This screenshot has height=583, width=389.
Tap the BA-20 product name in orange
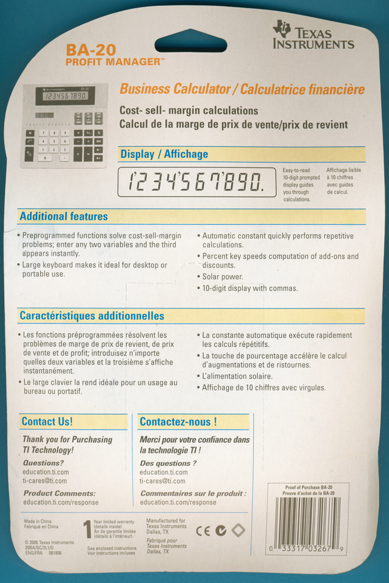pyautogui.click(x=91, y=50)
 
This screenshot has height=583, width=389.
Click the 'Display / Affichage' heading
pyautogui.click(x=164, y=154)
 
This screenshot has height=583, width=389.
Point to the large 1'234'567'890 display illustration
pyautogui.click(x=197, y=183)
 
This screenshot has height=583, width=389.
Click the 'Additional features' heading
pyautogui.click(x=64, y=217)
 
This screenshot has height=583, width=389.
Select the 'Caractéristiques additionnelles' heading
pyautogui.click(x=91, y=316)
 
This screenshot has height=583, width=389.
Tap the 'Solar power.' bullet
pyautogui.click(x=222, y=277)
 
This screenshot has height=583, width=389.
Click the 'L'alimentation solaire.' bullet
pyautogui.click(x=237, y=376)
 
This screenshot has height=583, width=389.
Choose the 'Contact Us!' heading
pyautogui.click(x=47, y=422)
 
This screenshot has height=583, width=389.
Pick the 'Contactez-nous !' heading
pyautogui.click(x=178, y=422)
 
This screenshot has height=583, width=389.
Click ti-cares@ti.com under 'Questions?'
pyautogui.click(x=45, y=481)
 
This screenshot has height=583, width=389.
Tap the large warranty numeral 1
pyautogui.click(x=87, y=530)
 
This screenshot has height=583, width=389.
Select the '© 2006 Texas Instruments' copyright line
pyautogui.click(x=49, y=542)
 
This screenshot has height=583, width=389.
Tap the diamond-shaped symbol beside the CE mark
pyautogui.click(x=238, y=530)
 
